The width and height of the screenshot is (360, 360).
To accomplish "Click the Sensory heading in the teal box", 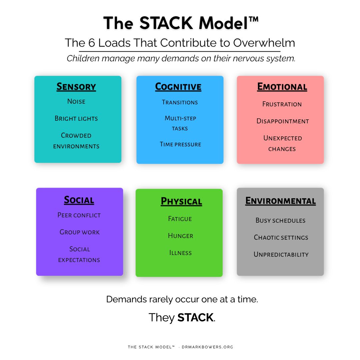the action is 76,87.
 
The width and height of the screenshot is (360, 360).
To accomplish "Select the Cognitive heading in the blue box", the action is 178,87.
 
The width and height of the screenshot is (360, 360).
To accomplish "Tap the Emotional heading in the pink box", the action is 282,87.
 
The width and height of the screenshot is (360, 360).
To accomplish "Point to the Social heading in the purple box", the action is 79,200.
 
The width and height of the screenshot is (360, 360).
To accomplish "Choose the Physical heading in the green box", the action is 181,201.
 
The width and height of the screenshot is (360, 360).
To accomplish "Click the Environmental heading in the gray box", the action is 280,201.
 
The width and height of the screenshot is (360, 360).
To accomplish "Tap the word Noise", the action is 76,101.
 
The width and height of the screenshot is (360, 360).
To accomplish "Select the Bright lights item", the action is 76,118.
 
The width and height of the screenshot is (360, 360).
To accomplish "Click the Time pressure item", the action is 180,144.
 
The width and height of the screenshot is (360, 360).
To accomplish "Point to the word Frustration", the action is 282,104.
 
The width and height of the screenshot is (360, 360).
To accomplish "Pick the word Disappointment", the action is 283,121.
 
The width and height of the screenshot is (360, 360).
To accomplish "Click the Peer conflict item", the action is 79,215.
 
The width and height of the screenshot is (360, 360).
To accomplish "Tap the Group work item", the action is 79,232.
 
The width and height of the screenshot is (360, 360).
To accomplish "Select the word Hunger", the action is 180,236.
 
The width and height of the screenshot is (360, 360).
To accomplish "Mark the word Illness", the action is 180,253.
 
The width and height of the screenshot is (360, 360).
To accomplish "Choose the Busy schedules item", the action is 280,220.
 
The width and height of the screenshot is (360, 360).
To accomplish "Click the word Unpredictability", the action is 281,254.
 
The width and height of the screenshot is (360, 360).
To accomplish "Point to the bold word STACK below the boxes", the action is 195,317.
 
